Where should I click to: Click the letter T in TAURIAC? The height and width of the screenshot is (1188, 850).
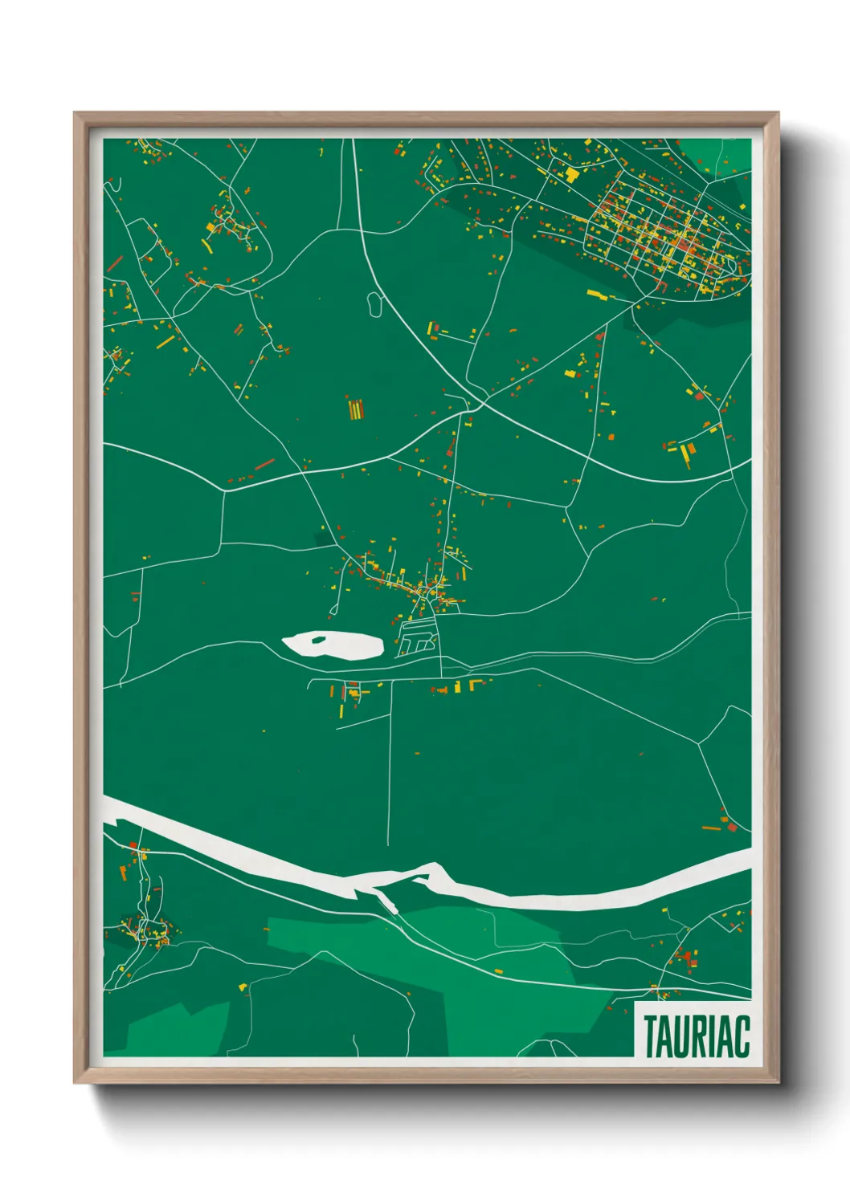[x=651, y=1036]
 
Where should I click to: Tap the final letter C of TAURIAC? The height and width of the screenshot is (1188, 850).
[x=742, y=1036]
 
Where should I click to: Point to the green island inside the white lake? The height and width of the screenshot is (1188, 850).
[x=319, y=639]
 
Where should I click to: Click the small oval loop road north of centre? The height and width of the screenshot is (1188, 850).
[x=374, y=303]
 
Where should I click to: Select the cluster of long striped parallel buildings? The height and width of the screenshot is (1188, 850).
[x=354, y=409]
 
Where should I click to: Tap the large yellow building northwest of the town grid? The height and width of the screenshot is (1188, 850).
[x=571, y=173]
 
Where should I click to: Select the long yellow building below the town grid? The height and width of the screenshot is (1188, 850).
[x=599, y=295]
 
